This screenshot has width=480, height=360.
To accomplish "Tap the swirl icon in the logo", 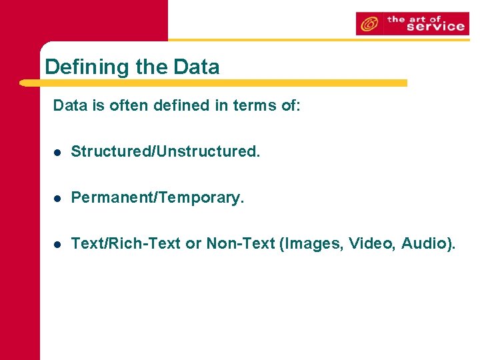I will (367, 24).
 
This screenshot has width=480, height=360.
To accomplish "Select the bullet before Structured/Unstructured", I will (58, 153).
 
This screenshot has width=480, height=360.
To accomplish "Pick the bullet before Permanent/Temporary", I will (58, 199).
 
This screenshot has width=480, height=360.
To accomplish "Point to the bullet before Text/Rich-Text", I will (58, 245).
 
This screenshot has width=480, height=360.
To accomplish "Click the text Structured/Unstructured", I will (165, 152).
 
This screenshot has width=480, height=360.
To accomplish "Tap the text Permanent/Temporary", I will (158, 198).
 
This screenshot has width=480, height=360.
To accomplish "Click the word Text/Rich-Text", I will (126, 244).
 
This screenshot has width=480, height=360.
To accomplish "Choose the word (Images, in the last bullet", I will (309, 244).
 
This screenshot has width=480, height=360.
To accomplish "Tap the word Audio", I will (429, 244).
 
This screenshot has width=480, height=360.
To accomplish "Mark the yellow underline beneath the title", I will (213, 83).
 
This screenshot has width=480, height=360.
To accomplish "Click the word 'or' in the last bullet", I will (193, 244).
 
